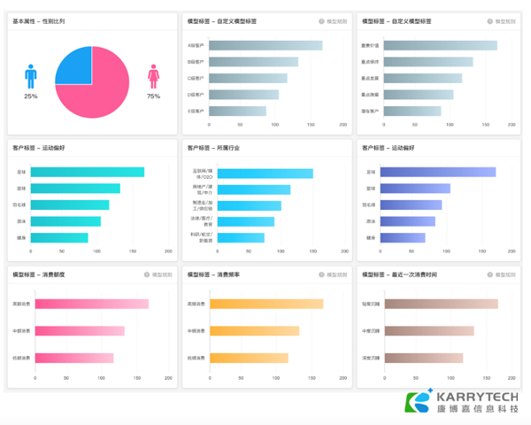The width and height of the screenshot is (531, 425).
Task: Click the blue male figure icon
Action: click(31, 77)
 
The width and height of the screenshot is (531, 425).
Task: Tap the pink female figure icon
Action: click(153, 77)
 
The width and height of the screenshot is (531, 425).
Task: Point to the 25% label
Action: click(31, 96)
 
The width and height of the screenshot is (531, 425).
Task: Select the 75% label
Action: click(153, 96)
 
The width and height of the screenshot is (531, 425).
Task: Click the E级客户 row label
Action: click(196, 112)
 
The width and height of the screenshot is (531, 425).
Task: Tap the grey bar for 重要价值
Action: click(439, 45)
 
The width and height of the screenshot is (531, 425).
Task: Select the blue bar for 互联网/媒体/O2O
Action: click(260, 174)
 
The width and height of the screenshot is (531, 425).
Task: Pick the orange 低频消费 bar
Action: click(249, 358)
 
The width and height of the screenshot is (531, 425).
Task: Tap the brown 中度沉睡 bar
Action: click(428, 331)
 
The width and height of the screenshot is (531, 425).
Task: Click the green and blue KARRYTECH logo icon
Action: click(417, 402)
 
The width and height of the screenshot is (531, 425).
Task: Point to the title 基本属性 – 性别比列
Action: click(39, 20)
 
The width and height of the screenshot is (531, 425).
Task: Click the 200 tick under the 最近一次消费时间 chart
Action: click(517, 378)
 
